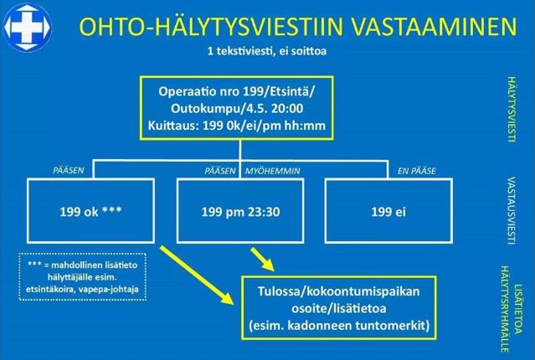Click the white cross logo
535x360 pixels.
[x=27, y=27]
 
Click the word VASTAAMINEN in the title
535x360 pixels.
[x=434, y=27]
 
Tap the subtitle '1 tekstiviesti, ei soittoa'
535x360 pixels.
[x=267, y=51]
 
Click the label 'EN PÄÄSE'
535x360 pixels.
[x=416, y=171]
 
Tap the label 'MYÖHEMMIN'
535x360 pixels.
[x=272, y=171]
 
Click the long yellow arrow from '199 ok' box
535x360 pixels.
[x=197, y=275]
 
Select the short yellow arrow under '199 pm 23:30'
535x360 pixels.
[x=262, y=260]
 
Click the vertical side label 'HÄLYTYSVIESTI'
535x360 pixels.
[x=511, y=109]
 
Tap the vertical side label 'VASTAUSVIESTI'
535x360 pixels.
[x=511, y=210]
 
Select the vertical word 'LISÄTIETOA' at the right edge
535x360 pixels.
[x=518, y=309]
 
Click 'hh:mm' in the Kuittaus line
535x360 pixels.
[x=307, y=126]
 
